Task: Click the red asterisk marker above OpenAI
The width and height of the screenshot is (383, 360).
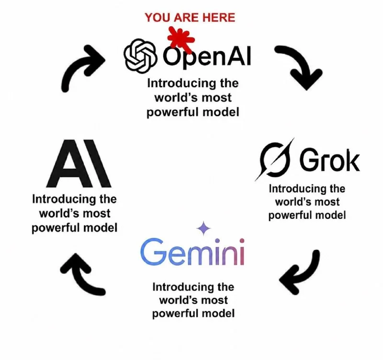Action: [181, 39]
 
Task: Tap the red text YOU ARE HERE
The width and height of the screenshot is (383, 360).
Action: [190, 18]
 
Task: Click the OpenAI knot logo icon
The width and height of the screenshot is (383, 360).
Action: [140, 56]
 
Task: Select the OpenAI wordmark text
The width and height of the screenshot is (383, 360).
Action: [207, 56]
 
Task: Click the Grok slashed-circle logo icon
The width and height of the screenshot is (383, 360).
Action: [274, 159]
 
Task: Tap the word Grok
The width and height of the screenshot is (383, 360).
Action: [330, 160]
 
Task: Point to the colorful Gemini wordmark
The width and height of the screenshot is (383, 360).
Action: [192, 252]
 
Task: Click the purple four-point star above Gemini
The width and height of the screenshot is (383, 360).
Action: [203, 229]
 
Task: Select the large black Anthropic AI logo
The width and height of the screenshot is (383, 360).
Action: [79, 163]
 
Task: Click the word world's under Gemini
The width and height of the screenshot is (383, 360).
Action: [175, 300]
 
